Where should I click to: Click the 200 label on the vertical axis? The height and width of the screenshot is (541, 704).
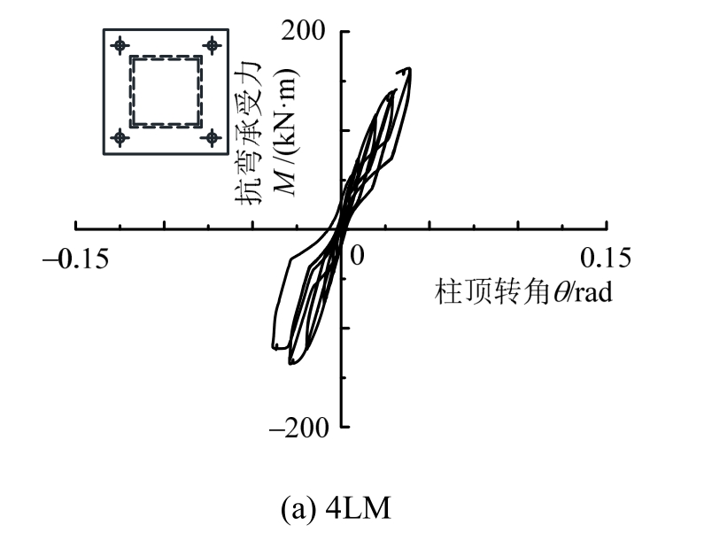pos(303,31)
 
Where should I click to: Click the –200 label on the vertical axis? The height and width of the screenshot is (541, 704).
pos(299,428)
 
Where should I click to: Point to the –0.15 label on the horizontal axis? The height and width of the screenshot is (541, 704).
pos(76,259)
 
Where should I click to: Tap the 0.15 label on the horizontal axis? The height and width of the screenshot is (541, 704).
pos(605,258)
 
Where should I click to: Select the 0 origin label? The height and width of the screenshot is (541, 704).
pos(357,256)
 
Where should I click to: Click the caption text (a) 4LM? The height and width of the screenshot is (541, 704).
pos(336,509)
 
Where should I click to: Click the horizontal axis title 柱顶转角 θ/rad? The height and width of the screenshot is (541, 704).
pos(523,291)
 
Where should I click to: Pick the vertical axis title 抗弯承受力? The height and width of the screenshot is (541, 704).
pos(248,134)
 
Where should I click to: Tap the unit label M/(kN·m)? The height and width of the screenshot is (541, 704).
pos(285,133)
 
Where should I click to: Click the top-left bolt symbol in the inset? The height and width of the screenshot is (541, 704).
pos(120,45)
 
